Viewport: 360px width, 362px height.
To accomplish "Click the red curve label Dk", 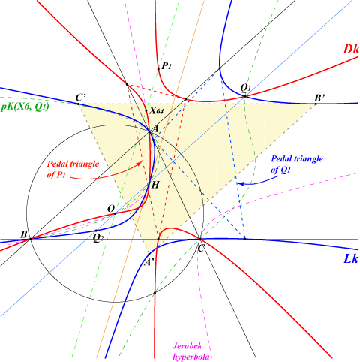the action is point(351,49).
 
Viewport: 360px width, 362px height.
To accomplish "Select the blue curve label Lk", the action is point(351,258).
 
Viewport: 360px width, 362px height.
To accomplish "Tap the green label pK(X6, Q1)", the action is point(25,107).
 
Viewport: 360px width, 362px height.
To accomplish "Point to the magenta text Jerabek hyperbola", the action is point(190,351).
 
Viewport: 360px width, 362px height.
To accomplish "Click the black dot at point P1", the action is point(158,69).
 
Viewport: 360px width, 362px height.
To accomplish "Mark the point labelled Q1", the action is point(245,96).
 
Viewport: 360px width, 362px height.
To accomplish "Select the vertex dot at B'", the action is point(316,104).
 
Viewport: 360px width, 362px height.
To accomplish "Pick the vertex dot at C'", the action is point(78,104).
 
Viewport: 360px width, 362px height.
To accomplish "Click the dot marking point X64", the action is point(146,110).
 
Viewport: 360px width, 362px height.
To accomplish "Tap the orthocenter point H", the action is point(149,183).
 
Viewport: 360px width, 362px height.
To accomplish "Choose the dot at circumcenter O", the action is point(115,213).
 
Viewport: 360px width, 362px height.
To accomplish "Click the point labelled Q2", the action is point(96,231).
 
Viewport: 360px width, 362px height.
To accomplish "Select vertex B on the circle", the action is point(31,239).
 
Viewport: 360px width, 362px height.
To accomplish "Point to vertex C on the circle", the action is point(200,239).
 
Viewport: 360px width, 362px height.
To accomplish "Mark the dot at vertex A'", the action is point(149,254).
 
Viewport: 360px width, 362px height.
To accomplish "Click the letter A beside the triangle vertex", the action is point(155,129).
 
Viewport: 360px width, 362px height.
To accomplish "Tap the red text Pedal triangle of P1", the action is point(73,169).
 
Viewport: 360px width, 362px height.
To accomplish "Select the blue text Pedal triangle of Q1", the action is point(297,164).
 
